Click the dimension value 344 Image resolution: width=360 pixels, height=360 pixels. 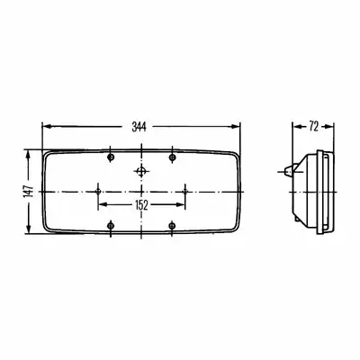(x=139, y=127)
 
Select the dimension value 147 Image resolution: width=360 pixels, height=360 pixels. (x=29, y=192)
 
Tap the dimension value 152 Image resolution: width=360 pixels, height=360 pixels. (x=141, y=205)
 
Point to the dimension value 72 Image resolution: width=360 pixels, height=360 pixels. (x=313, y=127)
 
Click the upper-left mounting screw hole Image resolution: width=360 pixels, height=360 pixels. (x=111, y=157)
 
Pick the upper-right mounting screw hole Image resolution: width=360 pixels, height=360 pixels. (x=172, y=157)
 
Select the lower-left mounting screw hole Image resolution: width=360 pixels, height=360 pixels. (x=111, y=225)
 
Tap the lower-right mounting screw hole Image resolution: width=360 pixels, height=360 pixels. (x=172, y=225)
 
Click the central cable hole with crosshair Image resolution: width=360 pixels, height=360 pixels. (x=141, y=172)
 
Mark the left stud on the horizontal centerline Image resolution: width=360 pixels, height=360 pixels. (x=98, y=192)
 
